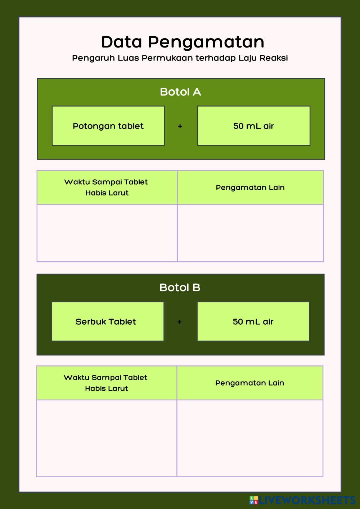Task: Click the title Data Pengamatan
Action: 183,42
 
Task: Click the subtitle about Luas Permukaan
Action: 180,58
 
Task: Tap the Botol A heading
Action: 180,92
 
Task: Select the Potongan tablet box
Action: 108,126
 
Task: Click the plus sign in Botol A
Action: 180,126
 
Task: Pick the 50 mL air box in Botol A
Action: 253,126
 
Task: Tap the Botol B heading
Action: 180,287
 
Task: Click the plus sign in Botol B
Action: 179,322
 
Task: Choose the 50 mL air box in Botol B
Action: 253,321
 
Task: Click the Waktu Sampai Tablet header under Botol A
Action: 107,187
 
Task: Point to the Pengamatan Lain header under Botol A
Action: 250,187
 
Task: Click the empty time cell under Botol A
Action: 107,233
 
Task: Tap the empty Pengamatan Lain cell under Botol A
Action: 250,233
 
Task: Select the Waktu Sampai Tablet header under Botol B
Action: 106,383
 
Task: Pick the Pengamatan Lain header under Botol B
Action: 249,383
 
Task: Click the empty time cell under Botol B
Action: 106,438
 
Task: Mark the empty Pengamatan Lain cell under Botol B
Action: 249,438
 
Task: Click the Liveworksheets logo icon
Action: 254,500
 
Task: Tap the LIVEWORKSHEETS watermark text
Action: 307,500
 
